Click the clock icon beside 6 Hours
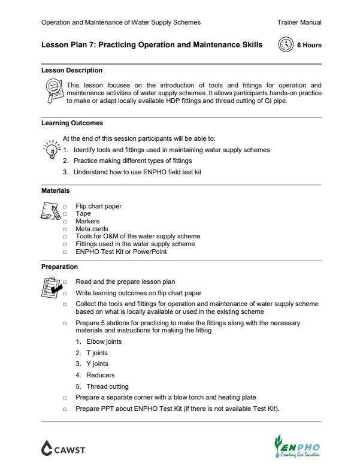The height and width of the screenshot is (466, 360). tap(286, 45)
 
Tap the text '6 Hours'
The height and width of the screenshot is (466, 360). tap(309, 45)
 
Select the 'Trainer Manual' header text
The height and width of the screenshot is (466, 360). tap(299, 22)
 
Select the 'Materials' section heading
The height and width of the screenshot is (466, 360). tap(55, 190)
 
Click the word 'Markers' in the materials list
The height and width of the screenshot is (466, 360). tap(87, 222)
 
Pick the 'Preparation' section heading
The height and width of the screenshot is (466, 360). tap(59, 267)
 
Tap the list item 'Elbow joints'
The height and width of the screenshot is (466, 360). tap(104, 341)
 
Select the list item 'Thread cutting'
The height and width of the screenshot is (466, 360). tap(107, 386)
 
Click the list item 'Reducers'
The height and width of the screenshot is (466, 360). tap(100, 375)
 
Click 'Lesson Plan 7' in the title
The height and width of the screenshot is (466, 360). tap(66, 45)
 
